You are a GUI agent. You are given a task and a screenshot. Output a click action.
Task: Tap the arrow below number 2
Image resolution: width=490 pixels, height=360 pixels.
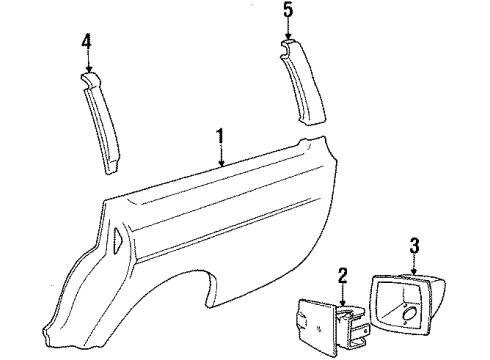tap(344, 291)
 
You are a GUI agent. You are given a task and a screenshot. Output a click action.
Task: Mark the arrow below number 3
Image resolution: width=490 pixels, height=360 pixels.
tap(415, 264)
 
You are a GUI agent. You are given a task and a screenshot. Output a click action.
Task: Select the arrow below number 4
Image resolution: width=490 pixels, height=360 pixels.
tap(88, 62)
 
